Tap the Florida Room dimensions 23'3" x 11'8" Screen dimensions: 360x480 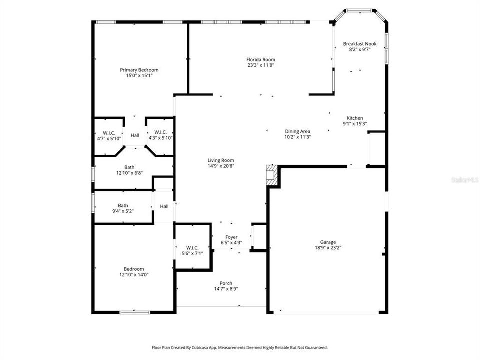click(261, 65)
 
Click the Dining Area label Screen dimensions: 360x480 click(298, 131)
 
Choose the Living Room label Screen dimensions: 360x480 click(221, 160)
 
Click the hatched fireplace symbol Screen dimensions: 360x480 click(271, 175)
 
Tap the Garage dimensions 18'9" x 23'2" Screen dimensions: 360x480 click(328, 247)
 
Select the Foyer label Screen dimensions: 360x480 click(231, 237)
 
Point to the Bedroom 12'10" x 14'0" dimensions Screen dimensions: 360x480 click(134, 274)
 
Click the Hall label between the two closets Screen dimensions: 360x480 click(135, 135)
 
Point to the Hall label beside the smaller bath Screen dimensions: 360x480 click(164, 206)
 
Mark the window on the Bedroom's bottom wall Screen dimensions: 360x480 click(134, 312)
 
